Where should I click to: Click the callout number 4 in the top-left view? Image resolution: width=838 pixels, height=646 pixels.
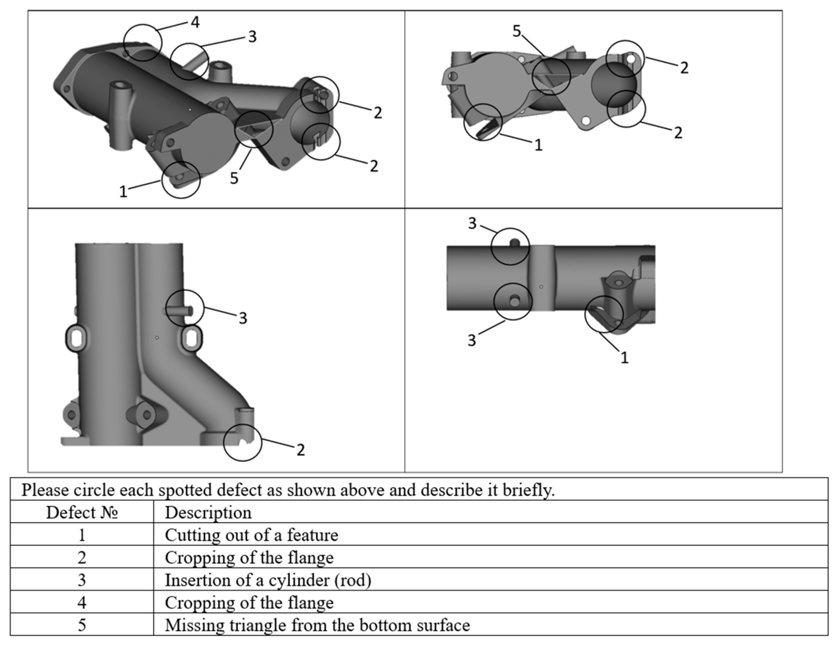[x=195, y=22]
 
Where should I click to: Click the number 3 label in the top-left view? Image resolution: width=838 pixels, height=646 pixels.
[x=252, y=37]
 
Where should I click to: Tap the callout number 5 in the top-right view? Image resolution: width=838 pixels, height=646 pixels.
[x=516, y=31]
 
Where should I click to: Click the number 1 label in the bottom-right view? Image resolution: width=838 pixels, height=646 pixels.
[x=624, y=357]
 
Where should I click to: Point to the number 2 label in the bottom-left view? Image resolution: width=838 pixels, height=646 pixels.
[x=300, y=450]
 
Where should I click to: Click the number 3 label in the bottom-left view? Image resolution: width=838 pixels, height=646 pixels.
[x=243, y=318]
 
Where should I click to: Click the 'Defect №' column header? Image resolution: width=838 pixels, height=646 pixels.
[x=82, y=512]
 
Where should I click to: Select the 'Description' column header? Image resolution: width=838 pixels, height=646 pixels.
[x=208, y=512]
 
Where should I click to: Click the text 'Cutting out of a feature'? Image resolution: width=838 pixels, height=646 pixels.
[x=251, y=535]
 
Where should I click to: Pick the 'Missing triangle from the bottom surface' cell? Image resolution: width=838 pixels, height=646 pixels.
[x=317, y=625]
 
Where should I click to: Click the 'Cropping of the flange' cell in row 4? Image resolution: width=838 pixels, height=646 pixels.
[x=249, y=602]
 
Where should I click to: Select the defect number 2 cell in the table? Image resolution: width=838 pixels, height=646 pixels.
[x=82, y=558]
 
